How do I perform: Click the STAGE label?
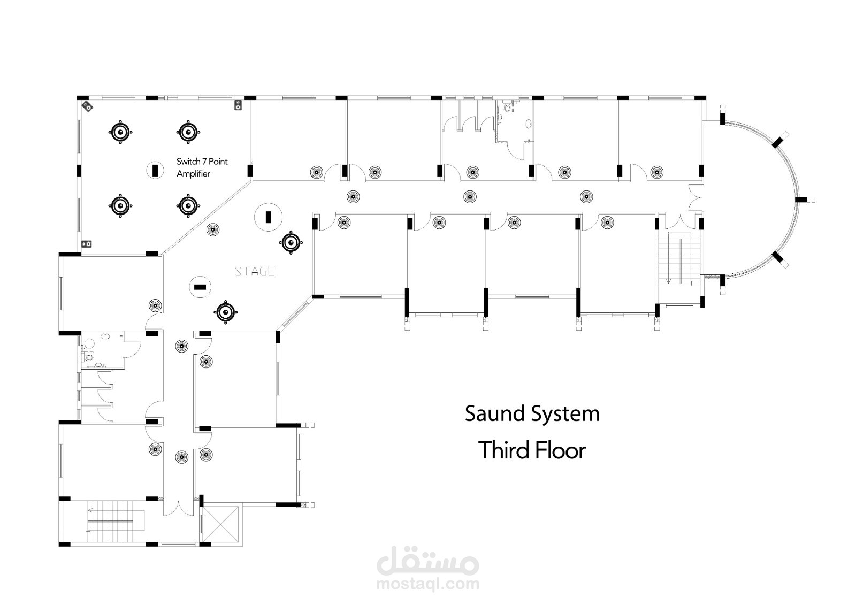tap(255, 272)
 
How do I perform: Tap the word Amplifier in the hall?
tap(193, 174)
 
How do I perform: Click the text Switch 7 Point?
tap(202, 162)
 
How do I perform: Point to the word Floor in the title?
tap(560, 450)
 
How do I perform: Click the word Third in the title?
tap(501, 450)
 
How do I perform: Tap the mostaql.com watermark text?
tap(427, 584)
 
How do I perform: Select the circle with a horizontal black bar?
tap(200, 287)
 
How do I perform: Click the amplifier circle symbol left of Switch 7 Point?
tap(155, 170)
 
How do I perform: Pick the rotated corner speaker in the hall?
tap(87, 107)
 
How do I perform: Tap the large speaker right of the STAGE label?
tap(291, 243)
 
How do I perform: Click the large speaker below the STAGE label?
tap(226, 312)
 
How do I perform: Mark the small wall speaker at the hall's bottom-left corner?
tap(86, 244)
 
